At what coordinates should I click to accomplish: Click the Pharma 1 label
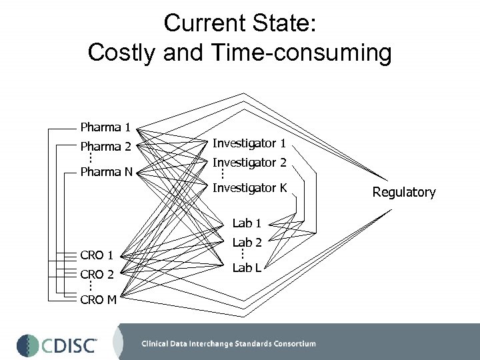pos(105,127)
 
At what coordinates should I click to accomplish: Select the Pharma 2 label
pos(105,146)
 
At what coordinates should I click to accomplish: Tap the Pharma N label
pos(105,172)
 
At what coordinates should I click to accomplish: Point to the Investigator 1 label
pos(249,143)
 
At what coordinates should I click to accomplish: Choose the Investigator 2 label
pos(249,163)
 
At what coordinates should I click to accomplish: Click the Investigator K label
pos(249,188)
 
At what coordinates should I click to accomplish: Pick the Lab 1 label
pos(247,223)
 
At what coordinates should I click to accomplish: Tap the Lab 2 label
pos(247,243)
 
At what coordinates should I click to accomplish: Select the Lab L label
pos(247,267)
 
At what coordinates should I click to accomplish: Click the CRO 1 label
pos(97,255)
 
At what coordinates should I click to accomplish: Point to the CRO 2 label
pos(97,273)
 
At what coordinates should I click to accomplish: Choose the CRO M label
pos(98,299)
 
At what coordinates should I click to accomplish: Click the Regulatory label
pos(403,193)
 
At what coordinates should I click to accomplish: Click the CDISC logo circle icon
pos(29,345)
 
